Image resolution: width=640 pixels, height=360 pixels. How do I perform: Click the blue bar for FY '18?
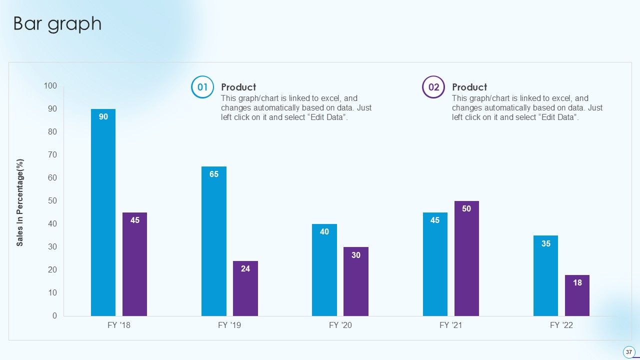pos(103,212)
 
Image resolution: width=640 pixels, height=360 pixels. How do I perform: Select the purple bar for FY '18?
pos(134,264)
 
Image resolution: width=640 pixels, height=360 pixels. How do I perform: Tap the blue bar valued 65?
pos(214,241)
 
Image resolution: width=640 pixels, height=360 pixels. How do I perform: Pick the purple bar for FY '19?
pos(245,288)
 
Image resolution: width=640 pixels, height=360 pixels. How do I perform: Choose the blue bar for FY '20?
pos(324,270)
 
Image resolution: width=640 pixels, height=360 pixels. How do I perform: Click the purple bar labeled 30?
pos(356,281)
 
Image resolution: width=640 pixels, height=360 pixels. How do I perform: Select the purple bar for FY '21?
pos(466,258)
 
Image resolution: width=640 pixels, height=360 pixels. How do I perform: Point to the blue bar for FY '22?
pos(545,275)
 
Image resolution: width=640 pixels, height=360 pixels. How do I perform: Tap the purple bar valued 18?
pos(577,295)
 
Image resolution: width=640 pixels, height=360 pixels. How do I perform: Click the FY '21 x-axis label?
pos(451,325)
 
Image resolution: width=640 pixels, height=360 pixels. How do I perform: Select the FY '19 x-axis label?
pos(230,325)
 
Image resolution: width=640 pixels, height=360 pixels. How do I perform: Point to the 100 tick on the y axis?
pos(50,86)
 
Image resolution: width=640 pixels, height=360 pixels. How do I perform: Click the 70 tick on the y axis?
pos(52,155)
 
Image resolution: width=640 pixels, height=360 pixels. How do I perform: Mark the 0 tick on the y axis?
pos(54,316)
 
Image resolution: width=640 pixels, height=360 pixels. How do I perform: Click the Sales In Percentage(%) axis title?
pos(20,202)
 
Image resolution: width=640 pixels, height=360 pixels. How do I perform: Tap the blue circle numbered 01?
pos(202,87)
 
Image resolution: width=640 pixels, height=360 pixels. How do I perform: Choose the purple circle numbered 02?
pos(433,87)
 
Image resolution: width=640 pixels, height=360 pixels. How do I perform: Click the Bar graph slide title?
pos(57,23)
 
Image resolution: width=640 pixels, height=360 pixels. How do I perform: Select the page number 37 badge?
pos(629,352)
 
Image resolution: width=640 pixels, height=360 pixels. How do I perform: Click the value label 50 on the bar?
pos(466,209)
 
